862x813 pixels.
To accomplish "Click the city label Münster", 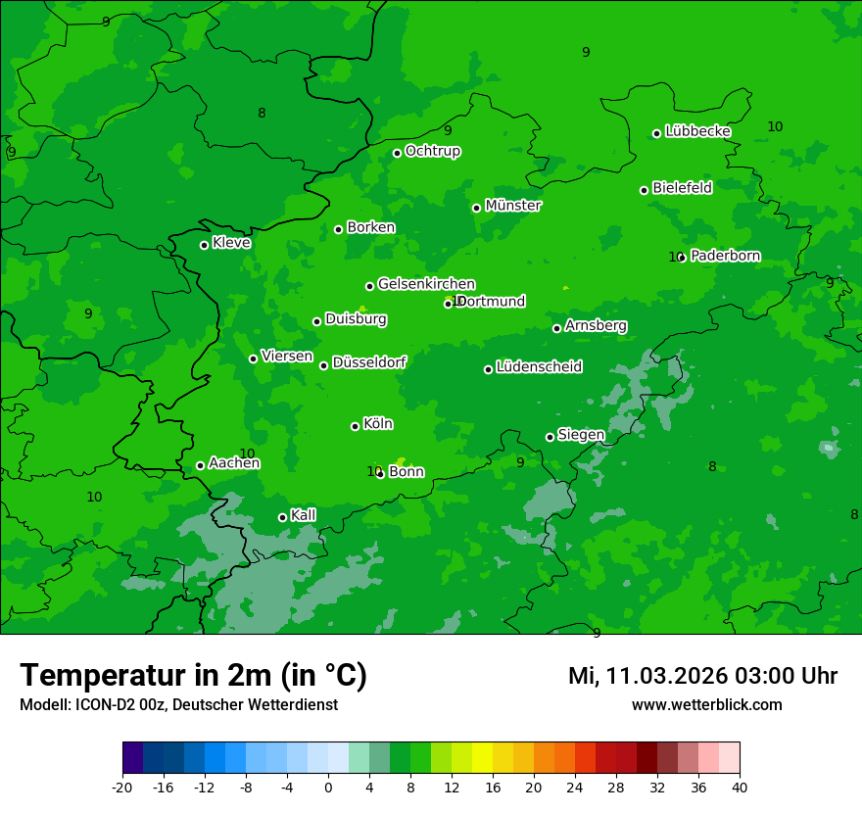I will [x=512, y=206].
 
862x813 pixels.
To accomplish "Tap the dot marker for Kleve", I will [x=204, y=245].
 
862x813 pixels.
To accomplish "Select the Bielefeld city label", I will [x=682, y=188].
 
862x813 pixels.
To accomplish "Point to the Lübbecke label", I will [x=697, y=131].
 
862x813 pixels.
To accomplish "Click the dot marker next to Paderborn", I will [x=682, y=258].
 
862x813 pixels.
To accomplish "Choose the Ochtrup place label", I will [x=432, y=151].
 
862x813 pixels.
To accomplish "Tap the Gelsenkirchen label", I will [x=426, y=284].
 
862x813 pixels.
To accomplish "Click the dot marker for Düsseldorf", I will [x=323, y=365].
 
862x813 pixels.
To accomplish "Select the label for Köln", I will [x=377, y=424].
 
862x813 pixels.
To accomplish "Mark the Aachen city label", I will [x=234, y=463].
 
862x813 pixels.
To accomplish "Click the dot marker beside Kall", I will [x=282, y=517].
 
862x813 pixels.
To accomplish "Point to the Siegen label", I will [x=581, y=435].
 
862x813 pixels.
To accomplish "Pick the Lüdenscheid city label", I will [x=539, y=367].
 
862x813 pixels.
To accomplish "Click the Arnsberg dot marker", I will [x=556, y=328].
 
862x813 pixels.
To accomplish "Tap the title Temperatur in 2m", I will [x=193, y=675].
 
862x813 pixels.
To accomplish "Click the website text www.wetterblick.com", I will [x=706, y=705].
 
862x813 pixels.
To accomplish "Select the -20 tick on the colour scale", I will [x=122, y=787].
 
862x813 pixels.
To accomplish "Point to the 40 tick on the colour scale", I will [x=740, y=787].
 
